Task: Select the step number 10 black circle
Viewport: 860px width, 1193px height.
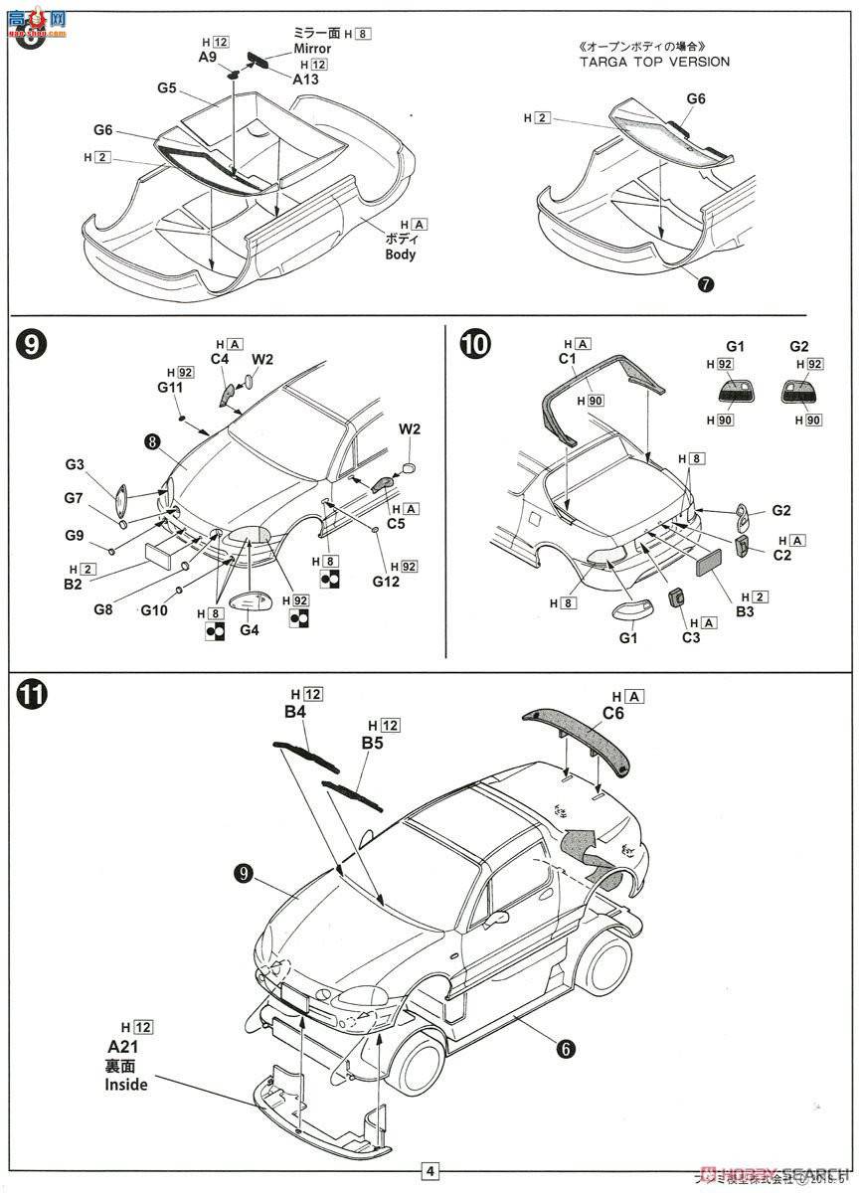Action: tap(475, 345)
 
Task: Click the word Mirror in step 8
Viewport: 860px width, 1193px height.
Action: tap(311, 49)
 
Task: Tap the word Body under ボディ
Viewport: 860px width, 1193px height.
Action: tap(401, 255)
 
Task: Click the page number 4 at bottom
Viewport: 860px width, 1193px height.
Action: tap(430, 1171)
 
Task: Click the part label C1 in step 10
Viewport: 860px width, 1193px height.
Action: tap(568, 358)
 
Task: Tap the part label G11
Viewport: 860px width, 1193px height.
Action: tap(169, 387)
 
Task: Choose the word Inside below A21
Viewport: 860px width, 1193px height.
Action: tap(126, 1084)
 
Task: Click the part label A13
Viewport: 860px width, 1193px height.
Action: tap(306, 79)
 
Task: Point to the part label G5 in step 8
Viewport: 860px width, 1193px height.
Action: tap(166, 88)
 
